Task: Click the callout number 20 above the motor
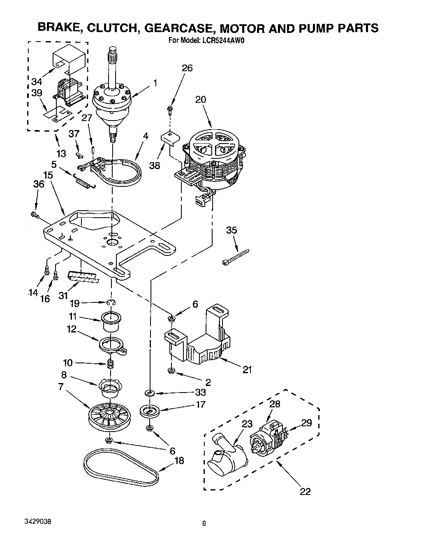pos(201,100)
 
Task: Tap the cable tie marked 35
pos(236,256)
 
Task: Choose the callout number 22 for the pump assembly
pos(305,491)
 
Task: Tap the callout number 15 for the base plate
pos(48,175)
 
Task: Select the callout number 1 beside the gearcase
pos(155,83)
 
